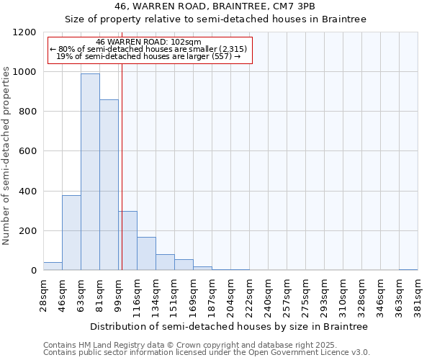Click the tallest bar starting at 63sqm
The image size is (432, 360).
pyautogui.click(x=90, y=172)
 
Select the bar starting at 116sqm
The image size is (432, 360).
pyautogui.click(x=146, y=253)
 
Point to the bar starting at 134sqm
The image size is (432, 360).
pyautogui.click(x=165, y=262)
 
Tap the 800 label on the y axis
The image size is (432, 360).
pyautogui.click(x=27, y=112)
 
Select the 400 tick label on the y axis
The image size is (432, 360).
pyautogui.click(x=27, y=192)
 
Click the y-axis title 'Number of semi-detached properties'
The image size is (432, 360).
pyautogui.click(x=6, y=151)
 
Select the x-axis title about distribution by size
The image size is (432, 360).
pyautogui.click(x=230, y=326)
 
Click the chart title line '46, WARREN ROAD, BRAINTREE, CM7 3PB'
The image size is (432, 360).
pyautogui.click(x=215, y=6)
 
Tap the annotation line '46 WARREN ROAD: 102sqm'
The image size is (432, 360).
pyautogui.click(x=148, y=42)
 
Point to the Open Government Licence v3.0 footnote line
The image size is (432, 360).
pyautogui.click(x=206, y=352)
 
